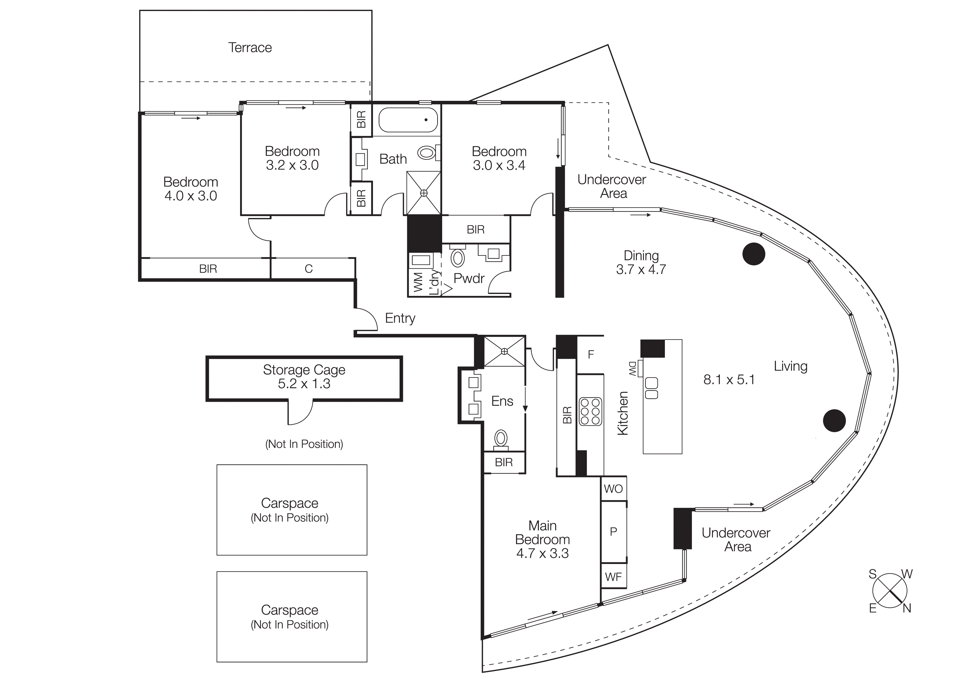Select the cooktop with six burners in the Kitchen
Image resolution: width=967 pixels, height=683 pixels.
tap(590, 411)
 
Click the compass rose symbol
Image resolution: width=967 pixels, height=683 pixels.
tap(890, 591)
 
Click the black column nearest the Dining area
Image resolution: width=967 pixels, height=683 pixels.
tap(753, 254)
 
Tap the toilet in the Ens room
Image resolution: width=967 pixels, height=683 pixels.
tap(501, 439)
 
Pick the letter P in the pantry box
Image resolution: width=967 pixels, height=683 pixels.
tap(613, 532)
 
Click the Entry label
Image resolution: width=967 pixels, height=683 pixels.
tap(400, 318)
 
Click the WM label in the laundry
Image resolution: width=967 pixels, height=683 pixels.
tap(418, 282)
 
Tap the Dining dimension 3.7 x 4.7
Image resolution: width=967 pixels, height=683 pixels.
tap(641, 269)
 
